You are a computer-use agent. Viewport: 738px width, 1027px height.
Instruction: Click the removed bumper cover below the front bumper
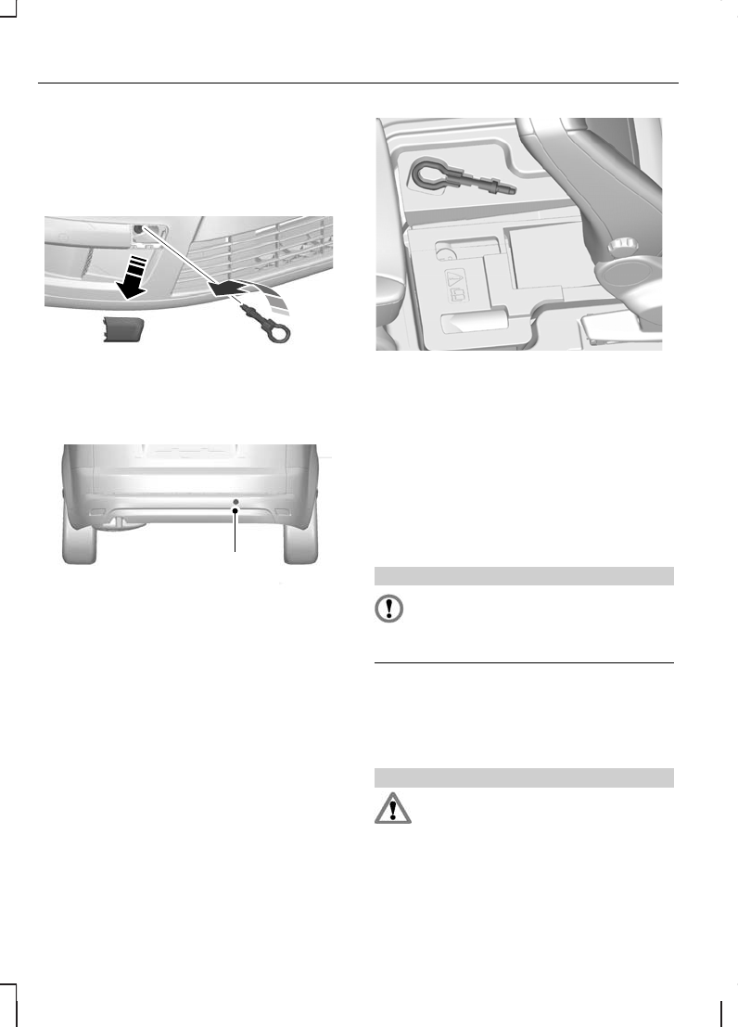point(119,327)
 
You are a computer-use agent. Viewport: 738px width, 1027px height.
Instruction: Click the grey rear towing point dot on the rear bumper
point(235,501)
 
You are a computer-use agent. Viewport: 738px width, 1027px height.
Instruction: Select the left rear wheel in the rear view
point(80,539)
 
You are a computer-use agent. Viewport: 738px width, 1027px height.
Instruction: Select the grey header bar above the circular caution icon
point(523,576)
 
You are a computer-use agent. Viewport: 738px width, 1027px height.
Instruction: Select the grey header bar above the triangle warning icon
point(523,777)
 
